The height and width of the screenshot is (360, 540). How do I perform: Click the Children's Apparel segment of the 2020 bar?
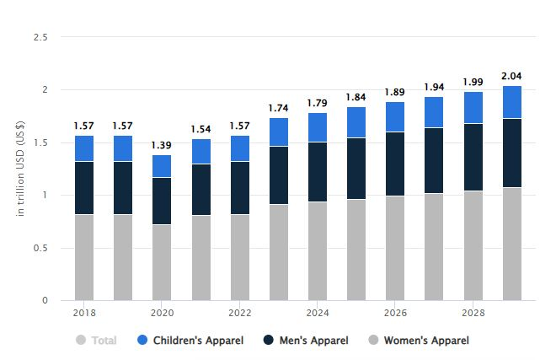coord(162,166)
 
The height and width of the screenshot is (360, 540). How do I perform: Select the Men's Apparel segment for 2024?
coord(318,172)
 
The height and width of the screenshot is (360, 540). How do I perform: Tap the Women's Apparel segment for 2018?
coord(84,257)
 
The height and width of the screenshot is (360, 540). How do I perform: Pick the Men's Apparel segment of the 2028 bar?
coord(473,157)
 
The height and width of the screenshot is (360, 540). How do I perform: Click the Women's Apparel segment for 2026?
coord(395,248)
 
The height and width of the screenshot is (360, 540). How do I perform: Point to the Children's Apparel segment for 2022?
coord(240,148)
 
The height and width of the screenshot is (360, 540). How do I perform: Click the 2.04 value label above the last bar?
coord(512,75)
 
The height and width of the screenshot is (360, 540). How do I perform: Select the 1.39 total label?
coord(162,145)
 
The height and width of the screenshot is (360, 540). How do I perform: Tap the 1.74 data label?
coord(279,108)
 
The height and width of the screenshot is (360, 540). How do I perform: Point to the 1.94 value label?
coord(435,87)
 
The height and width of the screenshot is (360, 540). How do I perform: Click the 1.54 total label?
coord(200,129)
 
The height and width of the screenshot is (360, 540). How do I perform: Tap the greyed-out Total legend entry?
coord(96,341)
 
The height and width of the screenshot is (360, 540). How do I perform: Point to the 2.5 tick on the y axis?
coord(40,38)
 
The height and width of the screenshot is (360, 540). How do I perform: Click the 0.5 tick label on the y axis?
coord(40,248)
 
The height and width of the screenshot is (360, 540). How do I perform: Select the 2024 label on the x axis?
coord(318,311)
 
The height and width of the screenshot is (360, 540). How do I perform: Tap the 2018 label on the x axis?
coord(84,311)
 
